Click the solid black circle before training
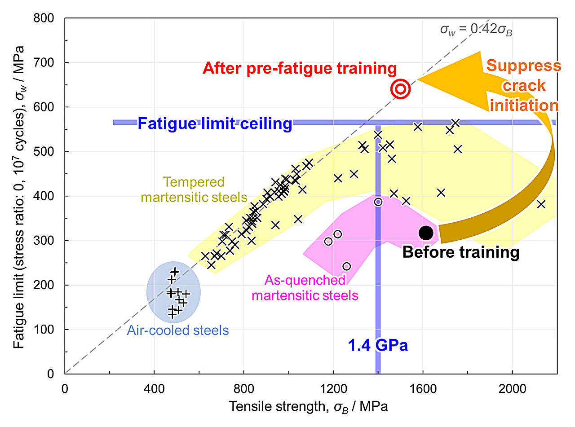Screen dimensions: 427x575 [425, 233]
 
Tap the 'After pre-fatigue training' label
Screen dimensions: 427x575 [300, 68]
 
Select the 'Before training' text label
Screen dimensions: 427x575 [460, 252]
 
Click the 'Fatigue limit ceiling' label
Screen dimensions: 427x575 [215, 123]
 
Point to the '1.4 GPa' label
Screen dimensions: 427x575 [378, 346]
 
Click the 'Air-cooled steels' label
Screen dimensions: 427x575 [178, 331]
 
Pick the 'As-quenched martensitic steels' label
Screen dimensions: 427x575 [305, 288]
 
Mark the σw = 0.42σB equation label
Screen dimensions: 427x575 [476, 31]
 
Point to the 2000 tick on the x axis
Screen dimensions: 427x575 [512, 387]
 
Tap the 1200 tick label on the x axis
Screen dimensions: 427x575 [333, 387]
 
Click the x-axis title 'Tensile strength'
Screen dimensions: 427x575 [309, 407]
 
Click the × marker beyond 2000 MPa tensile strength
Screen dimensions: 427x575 [541, 204]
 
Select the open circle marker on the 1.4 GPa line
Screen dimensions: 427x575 [378, 202]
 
